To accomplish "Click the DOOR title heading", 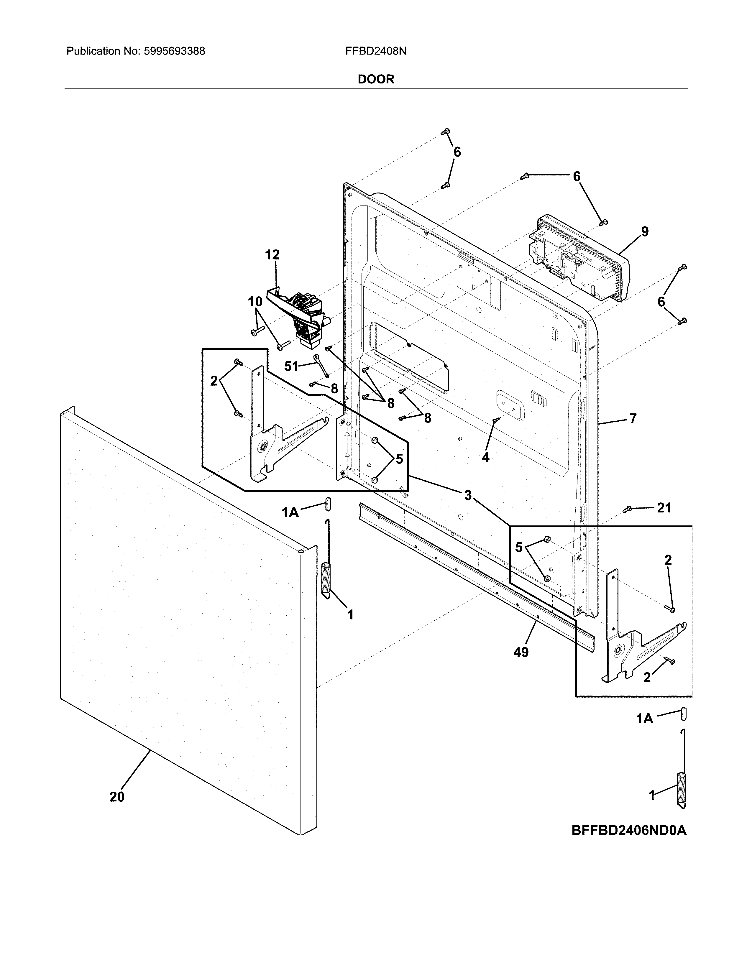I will [x=376, y=79].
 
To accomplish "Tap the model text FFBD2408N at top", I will [x=375, y=51].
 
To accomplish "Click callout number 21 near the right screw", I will [x=664, y=508].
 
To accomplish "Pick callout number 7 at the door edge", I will [x=633, y=418].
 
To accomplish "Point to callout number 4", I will [x=486, y=457].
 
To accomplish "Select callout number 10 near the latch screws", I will [x=255, y=302].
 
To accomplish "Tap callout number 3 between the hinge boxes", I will [x=468, y=495].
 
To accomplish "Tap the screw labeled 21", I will [x=629, y=508].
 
